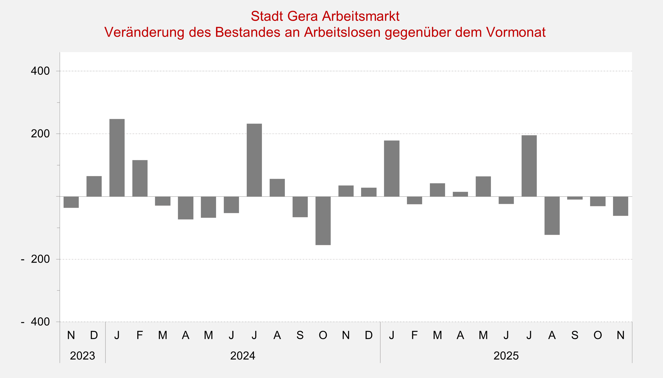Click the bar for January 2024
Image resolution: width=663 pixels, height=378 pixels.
(x=117, y=158)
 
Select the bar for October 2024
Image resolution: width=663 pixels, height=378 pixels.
(x=323, y=221)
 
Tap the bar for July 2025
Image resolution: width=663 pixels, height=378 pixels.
(x=529, y=166)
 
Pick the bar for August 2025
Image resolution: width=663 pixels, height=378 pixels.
(x=552, y=215)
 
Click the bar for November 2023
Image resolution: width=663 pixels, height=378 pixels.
(x=71, y=202)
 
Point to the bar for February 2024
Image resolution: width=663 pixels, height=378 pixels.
(x=140, y=178)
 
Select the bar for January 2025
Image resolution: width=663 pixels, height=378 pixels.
(x=391, y=169)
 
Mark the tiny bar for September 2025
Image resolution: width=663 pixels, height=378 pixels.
(x=575, y=198)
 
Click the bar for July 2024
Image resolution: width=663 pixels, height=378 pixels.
(x=254, y=160)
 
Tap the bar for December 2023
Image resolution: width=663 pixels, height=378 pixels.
(x=94, y=186)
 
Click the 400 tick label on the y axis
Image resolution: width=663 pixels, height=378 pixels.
(x=40, y=71)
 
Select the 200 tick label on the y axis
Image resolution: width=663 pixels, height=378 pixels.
(x=40, y=134)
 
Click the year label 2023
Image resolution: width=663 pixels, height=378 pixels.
(x=82, y=356)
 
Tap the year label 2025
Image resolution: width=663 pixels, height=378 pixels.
(x=506, y=356)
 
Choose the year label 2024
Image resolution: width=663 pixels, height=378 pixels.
(x=243, y=356)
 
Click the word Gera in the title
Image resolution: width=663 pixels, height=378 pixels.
(x=302, y=16)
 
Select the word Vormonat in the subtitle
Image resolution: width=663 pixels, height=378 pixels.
(x=515, y=32)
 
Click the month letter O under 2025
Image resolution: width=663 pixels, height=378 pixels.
(x=598, y=335)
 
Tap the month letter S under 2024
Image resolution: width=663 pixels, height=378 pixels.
(x=300, y=335)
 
